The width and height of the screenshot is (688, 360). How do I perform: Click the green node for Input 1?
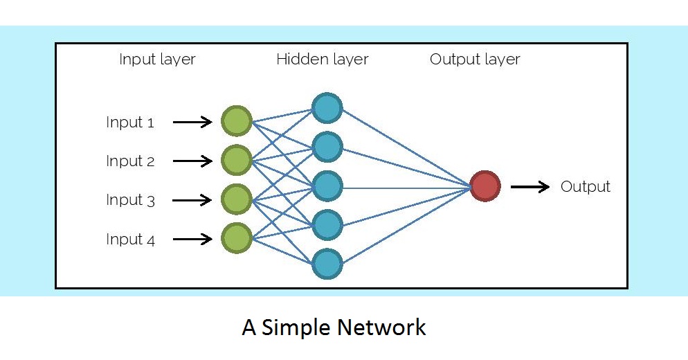[x=236, y=122]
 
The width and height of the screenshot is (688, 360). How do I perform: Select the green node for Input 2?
[x=236, y=161]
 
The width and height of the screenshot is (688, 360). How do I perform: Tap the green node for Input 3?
[x=236, y=199]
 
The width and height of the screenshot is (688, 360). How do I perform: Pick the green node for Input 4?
[x=236, y=238]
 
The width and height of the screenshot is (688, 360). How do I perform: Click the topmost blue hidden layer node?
[x=327, y=108]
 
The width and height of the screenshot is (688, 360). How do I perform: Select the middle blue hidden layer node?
[x=327, y=186]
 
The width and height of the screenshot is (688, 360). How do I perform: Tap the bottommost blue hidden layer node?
[x=327, y=264]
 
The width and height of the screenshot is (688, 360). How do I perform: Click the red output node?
[x=485, y=186]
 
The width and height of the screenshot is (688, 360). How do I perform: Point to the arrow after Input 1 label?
[x=192, y=123]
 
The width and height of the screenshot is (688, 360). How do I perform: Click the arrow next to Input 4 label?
[x=192, y=239]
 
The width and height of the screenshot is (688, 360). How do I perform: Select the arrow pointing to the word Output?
[x=530, y=186]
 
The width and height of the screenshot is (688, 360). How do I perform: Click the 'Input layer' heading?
[x=157, y=60]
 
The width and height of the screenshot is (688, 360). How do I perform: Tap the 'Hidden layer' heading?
[x=322, y=60]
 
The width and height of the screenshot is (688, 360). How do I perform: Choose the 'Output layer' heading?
[x=475, y=60]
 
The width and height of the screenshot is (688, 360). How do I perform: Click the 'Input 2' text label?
[x=130, y=161]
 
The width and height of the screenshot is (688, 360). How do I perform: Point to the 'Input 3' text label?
[x=130, y=200]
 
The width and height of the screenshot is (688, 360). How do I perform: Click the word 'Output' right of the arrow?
[x=585, y=186]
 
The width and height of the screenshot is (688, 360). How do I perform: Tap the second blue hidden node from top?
[x=327, y=147]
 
